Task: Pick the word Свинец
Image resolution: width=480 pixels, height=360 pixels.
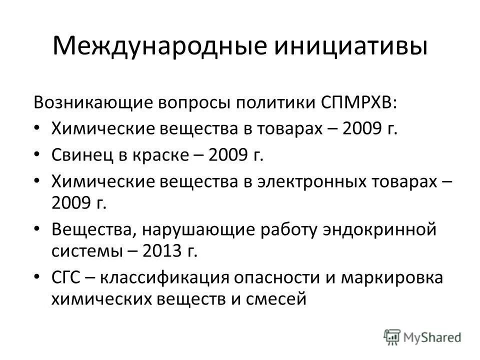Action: [x=78, y=155]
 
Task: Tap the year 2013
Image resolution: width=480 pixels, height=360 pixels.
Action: [x=160, y=249]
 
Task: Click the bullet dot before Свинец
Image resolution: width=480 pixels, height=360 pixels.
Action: [x=40, y=155]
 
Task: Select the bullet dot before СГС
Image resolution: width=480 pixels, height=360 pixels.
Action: [x=40, y=277]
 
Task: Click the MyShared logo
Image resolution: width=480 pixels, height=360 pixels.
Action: [x=422, y=337]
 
